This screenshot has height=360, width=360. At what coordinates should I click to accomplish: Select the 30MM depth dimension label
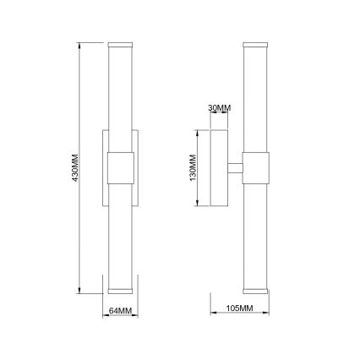[219, 108]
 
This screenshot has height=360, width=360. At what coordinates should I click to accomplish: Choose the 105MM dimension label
[242, 308]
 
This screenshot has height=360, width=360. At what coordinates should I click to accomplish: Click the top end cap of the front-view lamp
[119, 41]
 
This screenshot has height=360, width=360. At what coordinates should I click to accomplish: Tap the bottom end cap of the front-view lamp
[119, 290]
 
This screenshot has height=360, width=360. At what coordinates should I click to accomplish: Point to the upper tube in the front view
[119, 97]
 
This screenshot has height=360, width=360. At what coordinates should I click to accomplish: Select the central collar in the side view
[256, 167]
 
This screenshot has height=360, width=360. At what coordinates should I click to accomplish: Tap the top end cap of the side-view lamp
[256, 41]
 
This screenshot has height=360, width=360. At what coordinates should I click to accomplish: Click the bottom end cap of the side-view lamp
[256, 290]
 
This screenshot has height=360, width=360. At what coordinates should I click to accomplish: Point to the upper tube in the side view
[256, 97]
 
